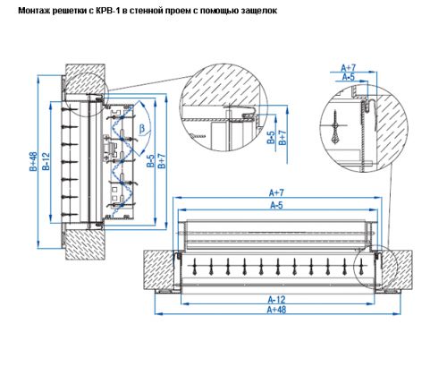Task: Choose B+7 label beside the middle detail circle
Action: [282, 137]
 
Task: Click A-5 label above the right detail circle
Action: [349, 78]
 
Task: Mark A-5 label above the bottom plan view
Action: [276, 205]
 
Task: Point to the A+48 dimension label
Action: [276, 310]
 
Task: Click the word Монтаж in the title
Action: [36, 12]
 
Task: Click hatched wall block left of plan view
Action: [161, 269]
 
